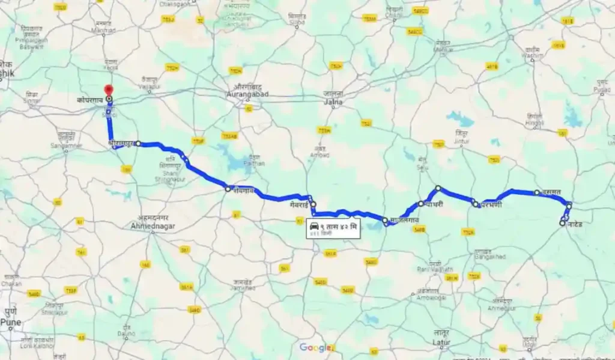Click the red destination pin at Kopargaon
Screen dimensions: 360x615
(x=109, y=90)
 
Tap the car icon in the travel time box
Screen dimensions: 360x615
(x=314, y=225)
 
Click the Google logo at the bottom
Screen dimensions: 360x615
(x=315, y=347)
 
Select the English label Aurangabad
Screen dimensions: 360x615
(x=247, y=94)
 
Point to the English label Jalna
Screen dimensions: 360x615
(x=333, y=102)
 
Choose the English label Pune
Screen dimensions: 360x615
(x=10, y=323)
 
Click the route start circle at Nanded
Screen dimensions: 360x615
(x=562, y=223)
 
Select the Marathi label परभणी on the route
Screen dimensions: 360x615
(x=491, y=205)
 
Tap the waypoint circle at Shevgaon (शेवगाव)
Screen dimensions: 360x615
(x=228, y=189)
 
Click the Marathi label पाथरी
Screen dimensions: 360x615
(x=433, y=204)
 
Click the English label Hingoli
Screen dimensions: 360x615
(x=535, y=123)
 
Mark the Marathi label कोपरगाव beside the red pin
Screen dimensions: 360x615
(x=91, y=100)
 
